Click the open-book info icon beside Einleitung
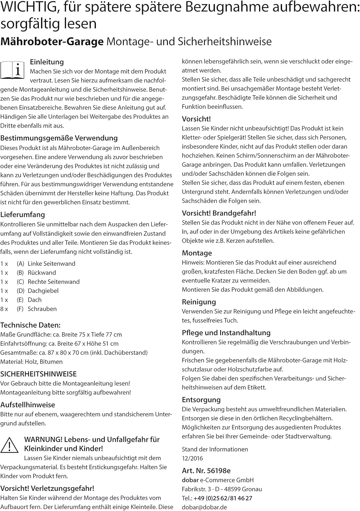[13, 70]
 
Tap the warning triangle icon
[10, 445]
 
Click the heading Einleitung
[47, 62]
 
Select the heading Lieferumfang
[22, 215]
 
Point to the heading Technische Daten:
[30, 325]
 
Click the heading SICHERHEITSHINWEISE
[39, 374]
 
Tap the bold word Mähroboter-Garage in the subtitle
[52, 42]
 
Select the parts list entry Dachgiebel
[43, 291]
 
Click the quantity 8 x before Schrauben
[4, 309]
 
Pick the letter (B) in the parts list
[20, 273]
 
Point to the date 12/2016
[192, 458]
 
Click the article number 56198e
[219, 471]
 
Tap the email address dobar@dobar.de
[204, 507]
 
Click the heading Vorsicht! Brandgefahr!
[219, 213]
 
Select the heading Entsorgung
[201, 400]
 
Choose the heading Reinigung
[199, 302]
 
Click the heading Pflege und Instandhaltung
[226, 333]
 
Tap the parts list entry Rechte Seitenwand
[54, 282]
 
